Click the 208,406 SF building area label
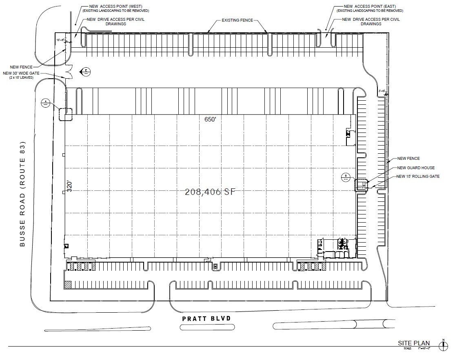coord(210,192)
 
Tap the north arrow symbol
coord(443,345)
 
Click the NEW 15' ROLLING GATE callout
coord(418,177)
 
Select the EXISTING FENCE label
coord(237,20)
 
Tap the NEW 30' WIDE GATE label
coord(19,73)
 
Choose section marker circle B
coord(346,177)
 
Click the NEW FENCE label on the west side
coord(22,66)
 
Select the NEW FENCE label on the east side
coord(408,159)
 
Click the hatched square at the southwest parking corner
coord(68,284)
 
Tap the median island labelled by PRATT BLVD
coord(207,327)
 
